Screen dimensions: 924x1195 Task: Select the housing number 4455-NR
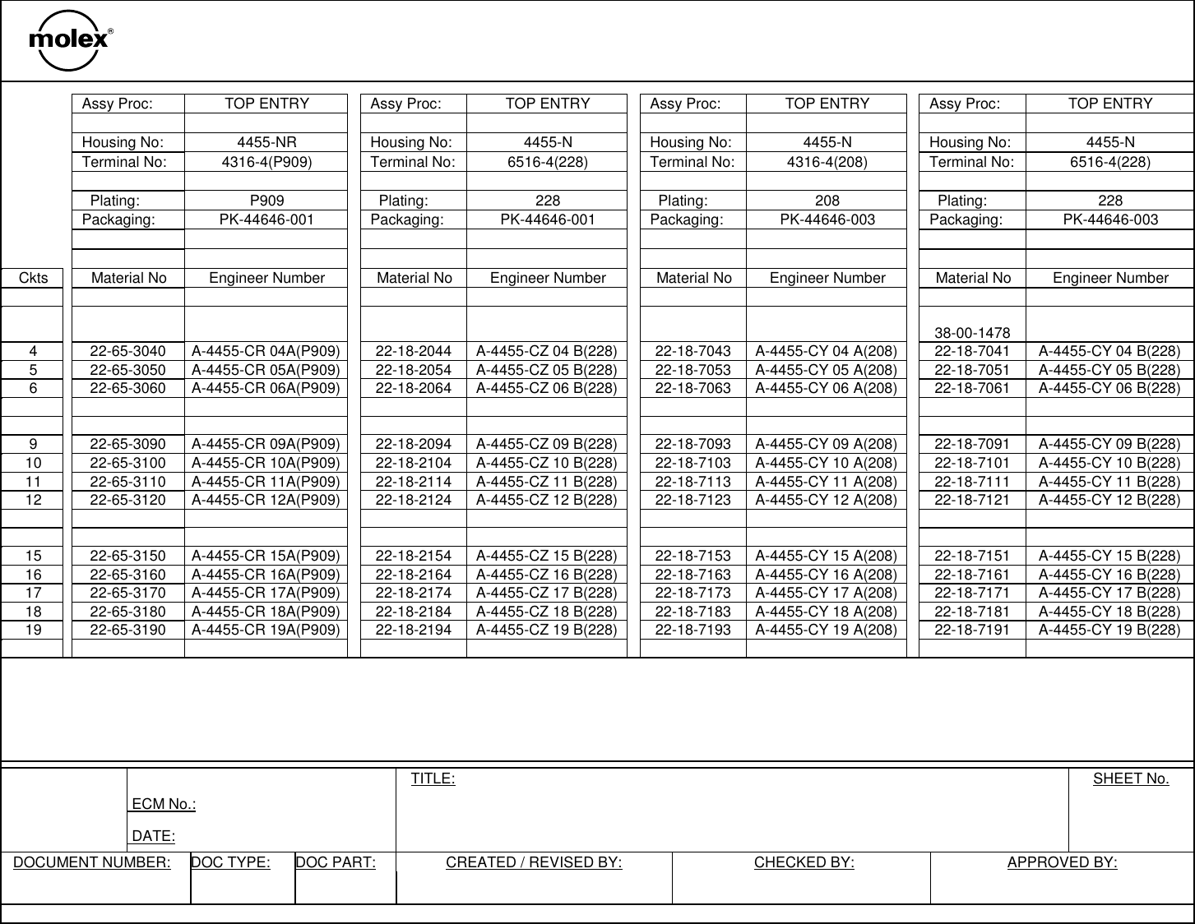(266, 142)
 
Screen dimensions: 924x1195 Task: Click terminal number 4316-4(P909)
(266, 162)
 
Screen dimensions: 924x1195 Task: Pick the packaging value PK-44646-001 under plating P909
(266, 219)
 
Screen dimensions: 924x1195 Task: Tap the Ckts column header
(33, 278)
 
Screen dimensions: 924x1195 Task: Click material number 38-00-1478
(972, 333)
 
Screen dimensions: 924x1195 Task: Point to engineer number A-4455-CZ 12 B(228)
(547, 500)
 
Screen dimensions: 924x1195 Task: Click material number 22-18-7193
(692, 630)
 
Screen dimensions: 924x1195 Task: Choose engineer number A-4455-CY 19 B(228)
(1109, 630)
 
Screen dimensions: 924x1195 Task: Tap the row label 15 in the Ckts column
(33, 556)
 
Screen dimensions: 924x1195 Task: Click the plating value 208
(827, 201)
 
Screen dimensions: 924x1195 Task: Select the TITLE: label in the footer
(433, 778)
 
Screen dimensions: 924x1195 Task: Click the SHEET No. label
(1130, 778)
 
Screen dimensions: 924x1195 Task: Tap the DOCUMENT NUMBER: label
(92, 862)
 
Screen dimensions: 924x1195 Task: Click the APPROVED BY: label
(1062, 862)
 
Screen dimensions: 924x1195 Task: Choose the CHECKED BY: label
(804, 862)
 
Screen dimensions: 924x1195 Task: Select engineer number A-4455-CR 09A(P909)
(266, 445)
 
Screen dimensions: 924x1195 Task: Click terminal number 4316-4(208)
(827, 162)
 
